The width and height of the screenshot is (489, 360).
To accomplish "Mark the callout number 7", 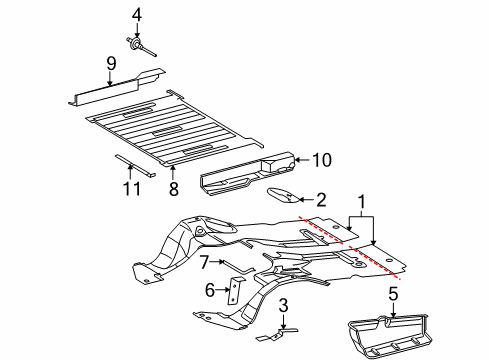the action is pos(202,262).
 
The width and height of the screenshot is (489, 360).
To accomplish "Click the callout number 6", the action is pos(211,290).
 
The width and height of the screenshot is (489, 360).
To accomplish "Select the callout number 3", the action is pos(284,304).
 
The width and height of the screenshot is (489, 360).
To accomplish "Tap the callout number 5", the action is pos(392,293).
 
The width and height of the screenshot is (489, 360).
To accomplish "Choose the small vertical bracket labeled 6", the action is pos(233,290).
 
